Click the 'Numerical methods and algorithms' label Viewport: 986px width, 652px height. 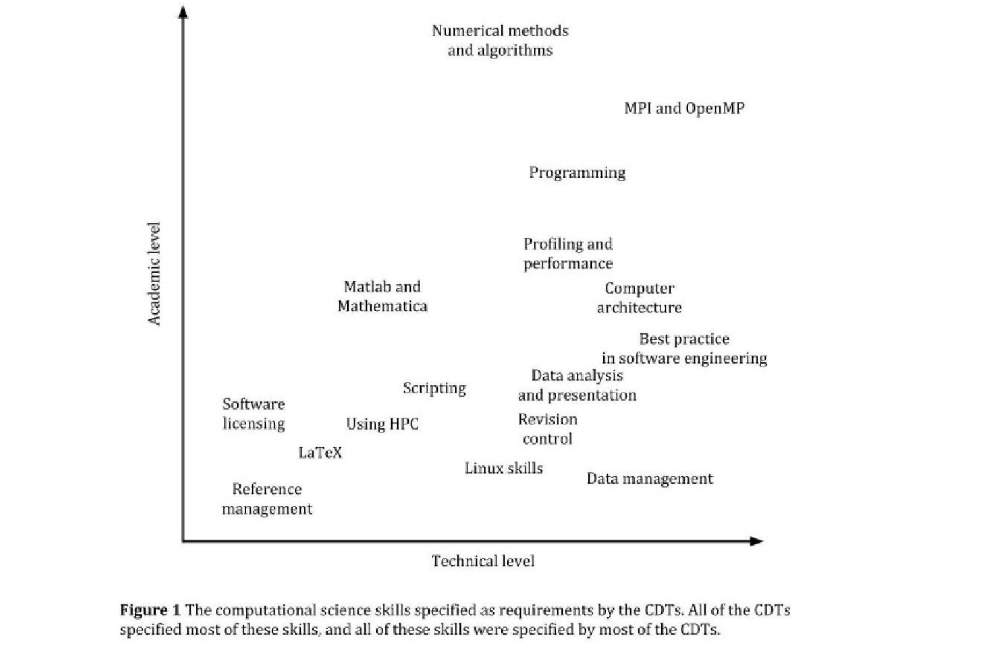[x=500, y=40]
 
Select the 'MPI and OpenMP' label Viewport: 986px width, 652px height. [x=684, y=108]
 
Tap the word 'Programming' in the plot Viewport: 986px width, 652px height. [x=577, y=173]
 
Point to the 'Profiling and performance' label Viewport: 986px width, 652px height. [x=568, y=254]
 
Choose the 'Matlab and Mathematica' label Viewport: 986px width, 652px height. [x=382, y=296]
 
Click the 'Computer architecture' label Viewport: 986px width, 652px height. [x=639, y=298]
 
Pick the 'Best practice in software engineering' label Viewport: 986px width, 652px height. [x=684, y=349]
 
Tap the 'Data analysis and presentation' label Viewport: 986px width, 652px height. [x=577, y=386]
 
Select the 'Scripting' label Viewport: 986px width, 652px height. [x=434, y=388]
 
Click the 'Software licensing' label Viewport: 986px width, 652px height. [x=253, y=414]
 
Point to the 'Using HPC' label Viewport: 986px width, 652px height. [x=382, y=424]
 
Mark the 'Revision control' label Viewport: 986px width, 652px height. [x=548, y=429]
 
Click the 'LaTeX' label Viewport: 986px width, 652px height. [x=320, y=452]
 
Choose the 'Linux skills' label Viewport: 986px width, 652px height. [x=504, y=468]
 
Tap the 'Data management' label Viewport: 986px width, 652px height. [x=650, y=479]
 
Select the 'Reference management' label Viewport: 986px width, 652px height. [x=267, y=499]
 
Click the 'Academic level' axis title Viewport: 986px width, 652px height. [x=154, y=274]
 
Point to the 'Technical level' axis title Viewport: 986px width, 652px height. [x=483, y=561]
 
